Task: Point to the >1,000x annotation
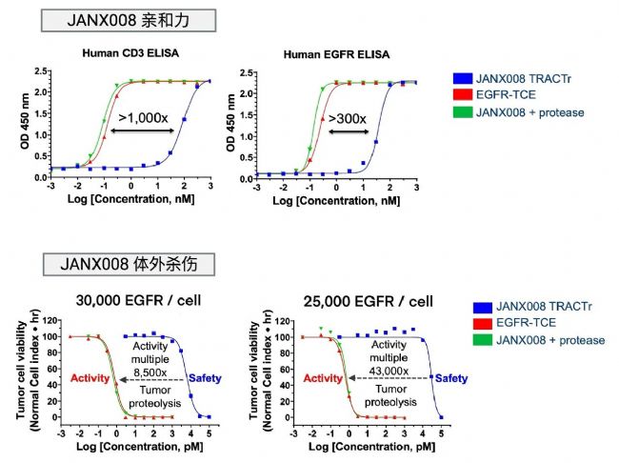[x=146, y=117]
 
